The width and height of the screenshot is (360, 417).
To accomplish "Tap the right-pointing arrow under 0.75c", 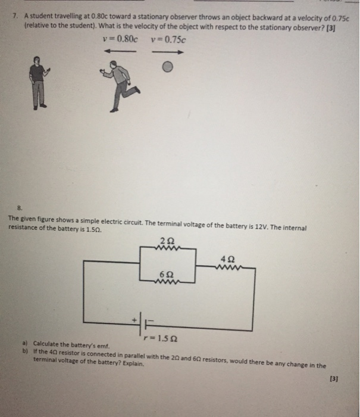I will pyautogui.click(x=168, y=52).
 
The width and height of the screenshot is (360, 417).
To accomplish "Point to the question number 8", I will pyautogui.click(x=19, y=208).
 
